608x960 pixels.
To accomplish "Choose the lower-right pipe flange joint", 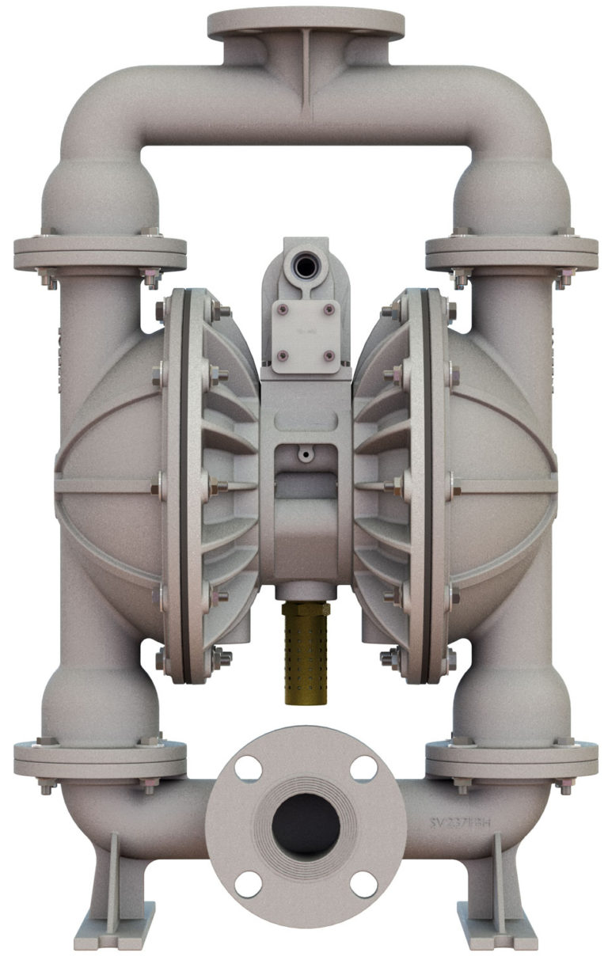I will click(511, 760).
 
